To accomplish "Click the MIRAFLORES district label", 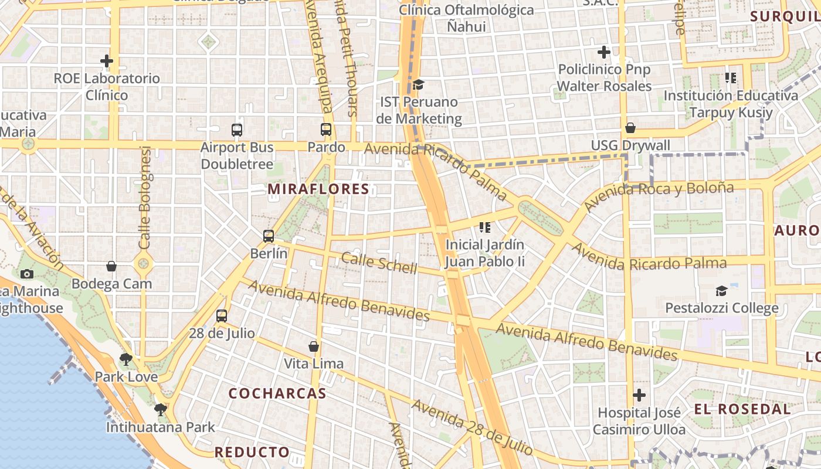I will point(318,189).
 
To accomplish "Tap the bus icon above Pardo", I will point(326,130).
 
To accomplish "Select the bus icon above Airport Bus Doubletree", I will point(237,130).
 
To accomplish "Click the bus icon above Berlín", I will point(269,236).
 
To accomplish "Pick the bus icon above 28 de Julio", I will point(222,316).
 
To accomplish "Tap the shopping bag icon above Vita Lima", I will point(314,346).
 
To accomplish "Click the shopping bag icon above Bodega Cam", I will point(111,267).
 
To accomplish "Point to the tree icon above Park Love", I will point(125,359).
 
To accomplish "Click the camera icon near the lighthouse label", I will point(26,274).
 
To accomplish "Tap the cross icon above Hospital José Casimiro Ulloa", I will point(639,395).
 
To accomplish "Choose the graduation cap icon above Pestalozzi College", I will point(721,291).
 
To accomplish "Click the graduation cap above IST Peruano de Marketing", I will point(418,85).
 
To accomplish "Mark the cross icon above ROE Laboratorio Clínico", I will point(107,60).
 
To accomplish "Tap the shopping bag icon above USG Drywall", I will point(630,128).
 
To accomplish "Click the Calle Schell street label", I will point(379,263).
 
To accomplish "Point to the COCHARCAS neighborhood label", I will point(277,393).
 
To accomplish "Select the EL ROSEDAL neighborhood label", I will point(742,409).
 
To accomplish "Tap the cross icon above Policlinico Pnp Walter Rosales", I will point(604,52).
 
